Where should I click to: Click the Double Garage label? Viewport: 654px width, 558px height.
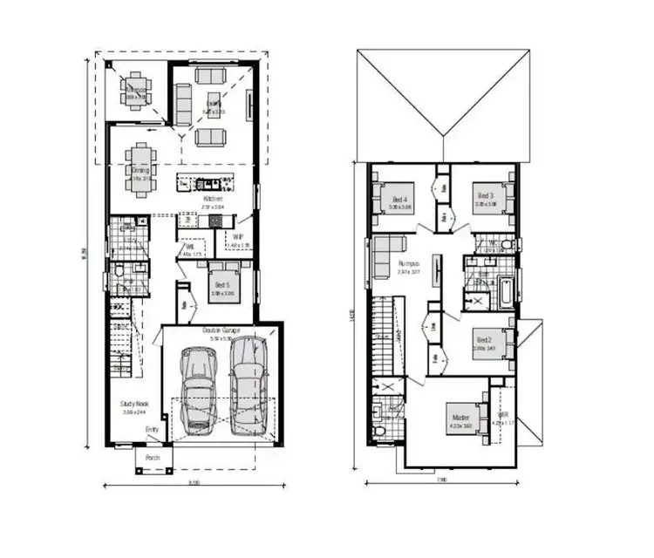(221, 330)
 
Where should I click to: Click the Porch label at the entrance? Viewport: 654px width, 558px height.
(153, 458)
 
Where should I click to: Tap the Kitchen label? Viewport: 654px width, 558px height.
(214, 199)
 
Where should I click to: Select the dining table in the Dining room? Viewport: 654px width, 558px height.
(140, 166)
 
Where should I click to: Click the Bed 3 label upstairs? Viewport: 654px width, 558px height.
(485, 195)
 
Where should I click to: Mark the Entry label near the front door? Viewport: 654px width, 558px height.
(152, 429)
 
